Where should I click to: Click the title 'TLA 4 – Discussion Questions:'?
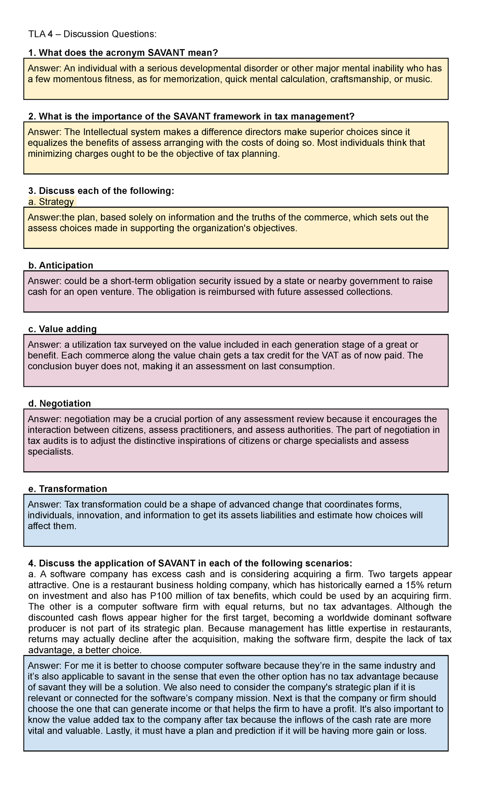[x=92, y=34]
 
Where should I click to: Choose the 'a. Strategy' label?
[x=51, y=202]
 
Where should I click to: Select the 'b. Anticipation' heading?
[x=61, y=265]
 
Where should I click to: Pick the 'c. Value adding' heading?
[x=63, y=329]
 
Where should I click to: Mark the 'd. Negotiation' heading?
[x=60, y=403]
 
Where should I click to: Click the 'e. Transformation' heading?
[x=68, y=489]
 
